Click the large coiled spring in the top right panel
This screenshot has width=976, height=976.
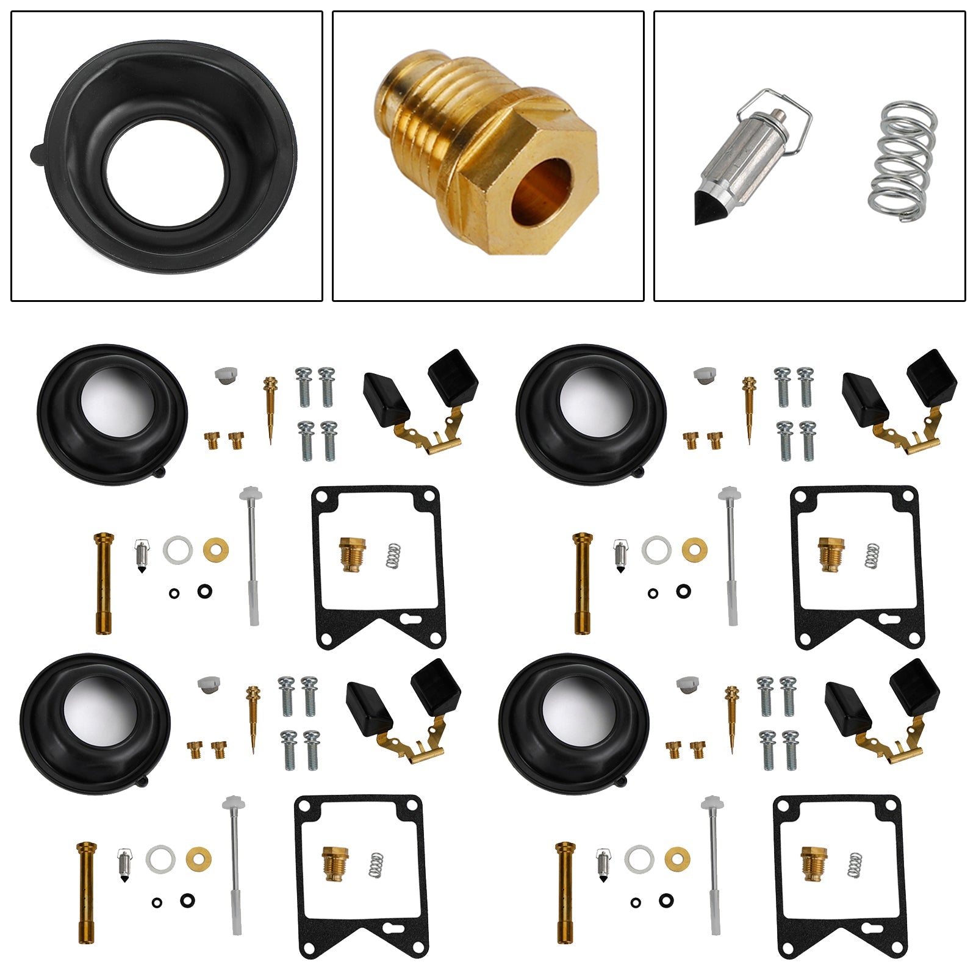902,161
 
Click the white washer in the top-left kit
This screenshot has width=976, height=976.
178,550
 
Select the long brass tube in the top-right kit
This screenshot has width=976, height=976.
582,583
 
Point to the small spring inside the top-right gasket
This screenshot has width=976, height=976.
873,556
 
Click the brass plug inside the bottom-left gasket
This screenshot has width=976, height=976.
334,863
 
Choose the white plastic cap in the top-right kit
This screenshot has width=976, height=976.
704,374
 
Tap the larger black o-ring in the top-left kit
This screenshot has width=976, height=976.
205,590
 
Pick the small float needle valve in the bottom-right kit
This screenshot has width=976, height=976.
603,865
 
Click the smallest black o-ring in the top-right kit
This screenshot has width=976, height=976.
653,593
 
